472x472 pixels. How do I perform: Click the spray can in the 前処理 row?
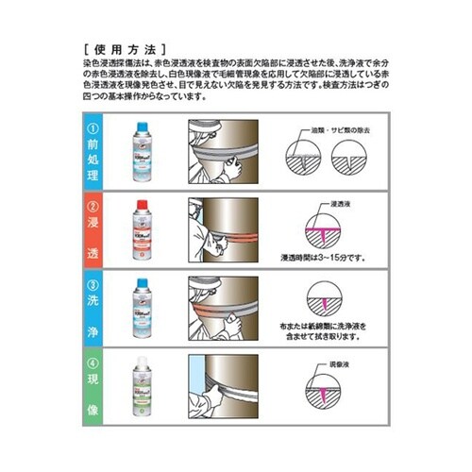[x=147, y=152]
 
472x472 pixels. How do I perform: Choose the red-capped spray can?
[x=147, y=230]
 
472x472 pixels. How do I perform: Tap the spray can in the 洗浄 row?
[x=147, y=310]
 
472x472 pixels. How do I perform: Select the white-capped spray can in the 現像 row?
[x=147, y=387]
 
